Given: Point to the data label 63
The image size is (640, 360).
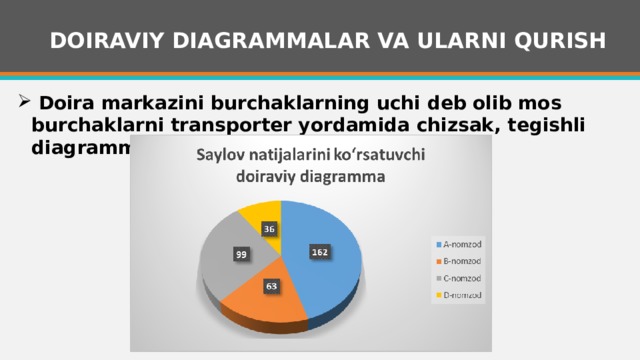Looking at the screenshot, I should (270, 287).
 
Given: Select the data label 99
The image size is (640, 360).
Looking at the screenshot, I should (241, 255).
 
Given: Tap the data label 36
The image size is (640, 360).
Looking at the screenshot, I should (270, 229).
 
